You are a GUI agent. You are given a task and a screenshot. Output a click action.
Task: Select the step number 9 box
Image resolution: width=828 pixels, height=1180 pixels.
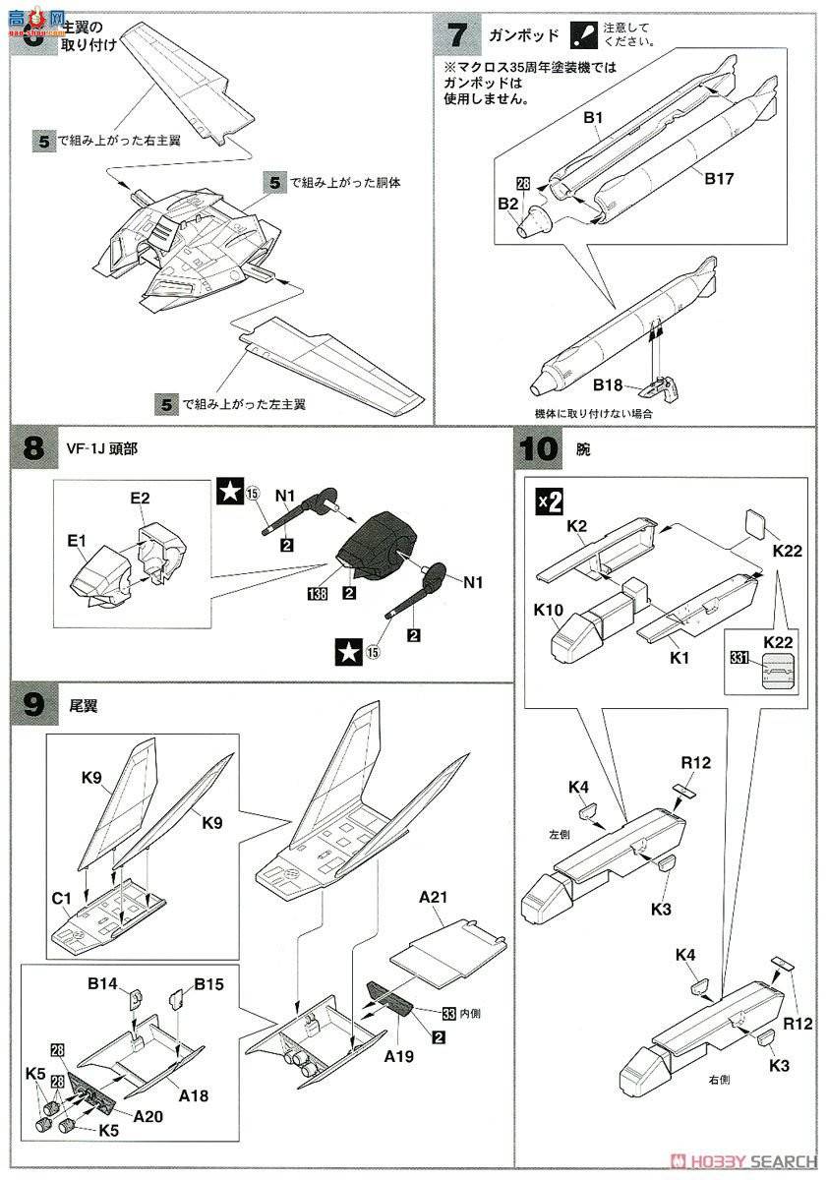click(33, 704)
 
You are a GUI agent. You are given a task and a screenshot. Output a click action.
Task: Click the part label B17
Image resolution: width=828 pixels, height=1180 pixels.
click(720, 179)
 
